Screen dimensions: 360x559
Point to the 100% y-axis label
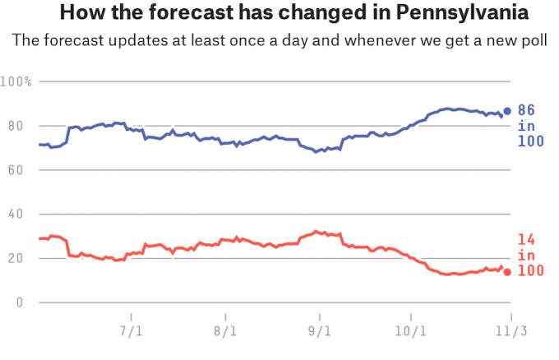16,81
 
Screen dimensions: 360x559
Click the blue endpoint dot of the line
507,111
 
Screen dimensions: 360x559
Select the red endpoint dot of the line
507,272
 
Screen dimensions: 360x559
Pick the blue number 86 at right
526,111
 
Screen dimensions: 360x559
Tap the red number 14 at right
526,240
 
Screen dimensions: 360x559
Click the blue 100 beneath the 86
530,142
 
